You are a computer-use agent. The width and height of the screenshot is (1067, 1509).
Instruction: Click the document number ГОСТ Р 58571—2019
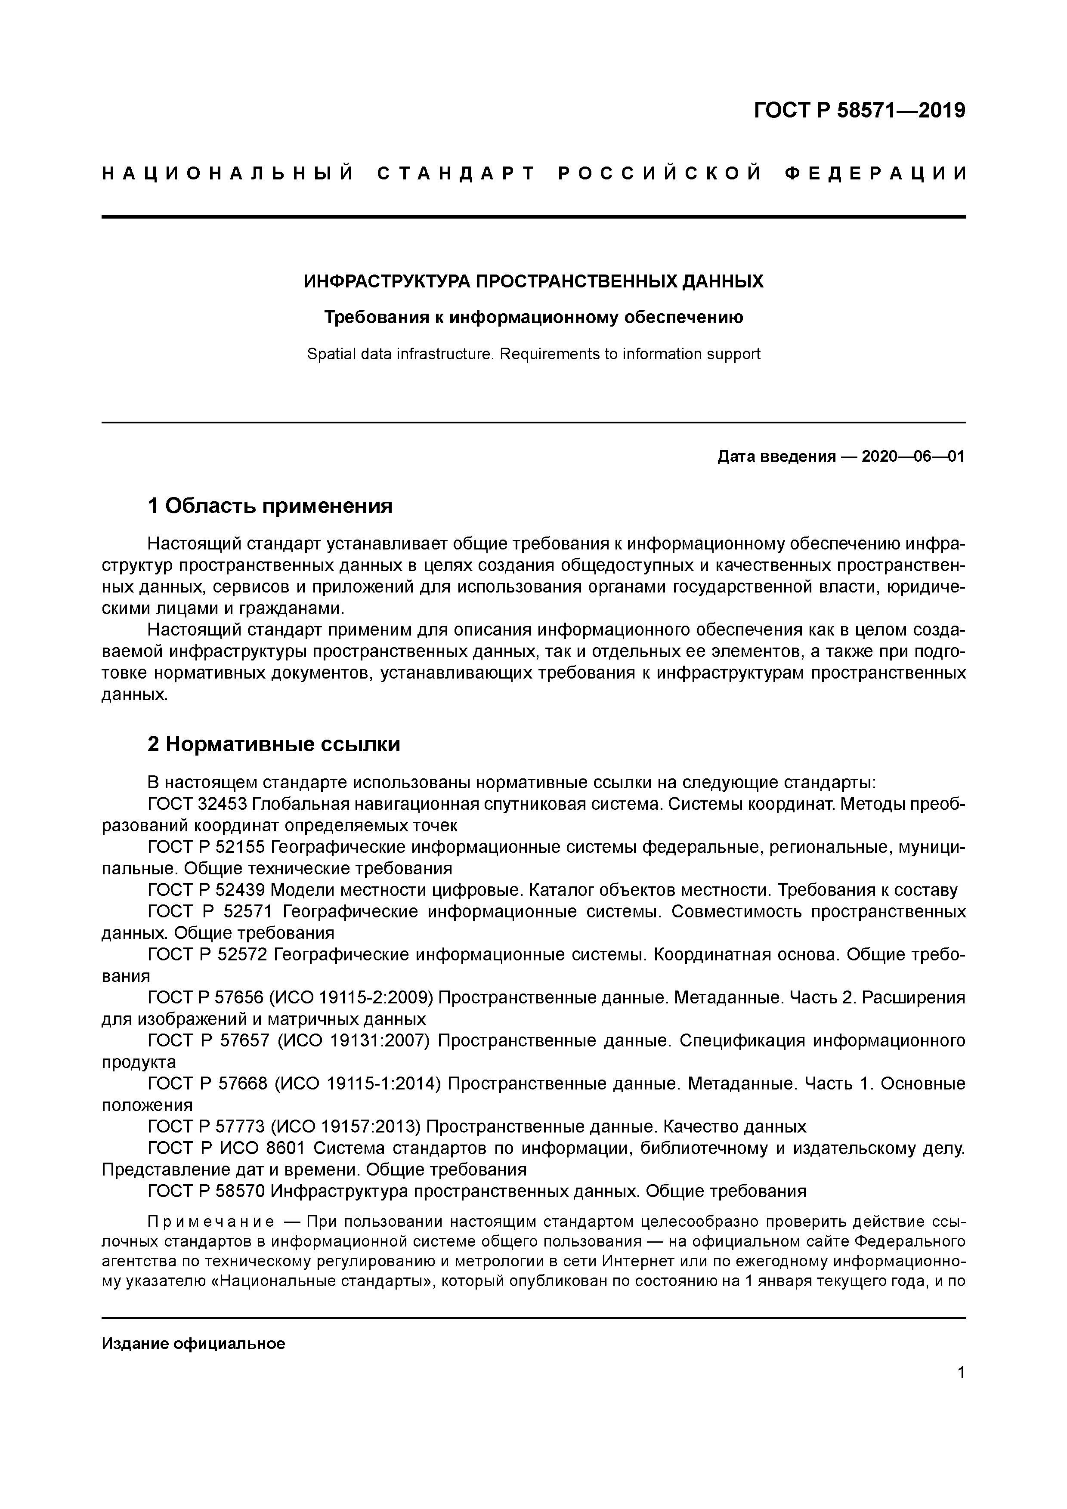coord(859,111)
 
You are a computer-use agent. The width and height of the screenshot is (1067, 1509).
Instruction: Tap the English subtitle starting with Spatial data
coord(533,354)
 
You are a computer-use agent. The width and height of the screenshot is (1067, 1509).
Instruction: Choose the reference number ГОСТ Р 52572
coord(208,955)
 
